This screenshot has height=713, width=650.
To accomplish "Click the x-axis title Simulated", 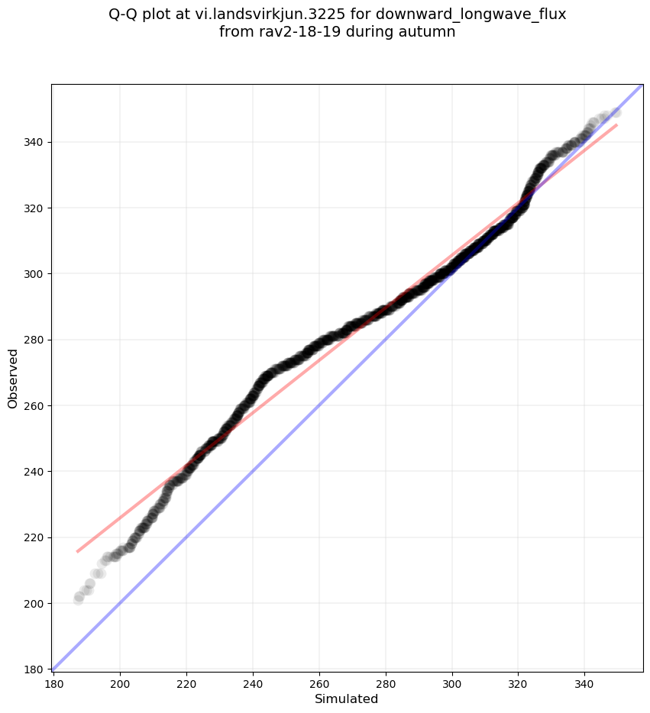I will pos(347,698).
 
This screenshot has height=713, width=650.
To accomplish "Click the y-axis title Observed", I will pos(13,378).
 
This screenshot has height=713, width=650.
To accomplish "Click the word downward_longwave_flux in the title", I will pos(471,15).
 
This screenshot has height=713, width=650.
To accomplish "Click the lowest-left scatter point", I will pos(78,600).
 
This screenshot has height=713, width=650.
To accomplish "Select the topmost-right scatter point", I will pos(616,112).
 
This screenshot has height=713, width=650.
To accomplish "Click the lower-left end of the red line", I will pos(77,551).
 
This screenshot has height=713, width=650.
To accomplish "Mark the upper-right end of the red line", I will pos(616,124).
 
